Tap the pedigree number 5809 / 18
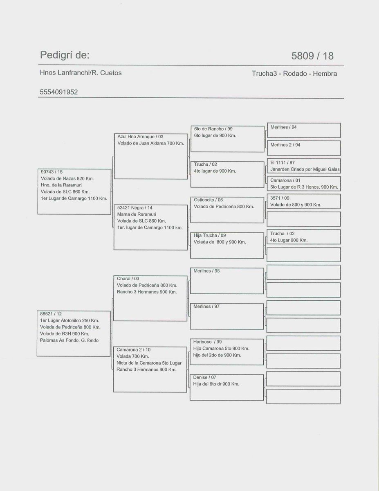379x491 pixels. click(x=312, y=56)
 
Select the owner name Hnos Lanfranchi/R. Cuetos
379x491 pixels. click(x=81, y=73)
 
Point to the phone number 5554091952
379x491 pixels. click(x=58, y=92)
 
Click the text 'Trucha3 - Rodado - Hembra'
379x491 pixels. click(x=294, y=74)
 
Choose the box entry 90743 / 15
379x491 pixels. click(x=52, y=172)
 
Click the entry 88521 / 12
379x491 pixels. click(x=51, y=314)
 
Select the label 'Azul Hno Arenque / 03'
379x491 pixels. click(x=140, y=137)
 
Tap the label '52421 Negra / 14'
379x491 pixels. click(x=135, y=207)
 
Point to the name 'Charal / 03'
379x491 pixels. click(x=128, y=279)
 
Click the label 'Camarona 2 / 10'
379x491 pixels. click(x=133, y=349)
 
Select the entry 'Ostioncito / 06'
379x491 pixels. click(x=208, y=200)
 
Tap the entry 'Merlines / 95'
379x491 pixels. click(x=206, y=271)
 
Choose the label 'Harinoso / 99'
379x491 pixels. click(x=207, y=342)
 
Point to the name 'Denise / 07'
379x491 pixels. click(x=204, y=377)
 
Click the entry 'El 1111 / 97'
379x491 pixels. click(x=283, y=162)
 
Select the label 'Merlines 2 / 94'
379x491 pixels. click(x=285, y=145)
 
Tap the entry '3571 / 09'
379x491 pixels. click(x=280, y=198)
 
